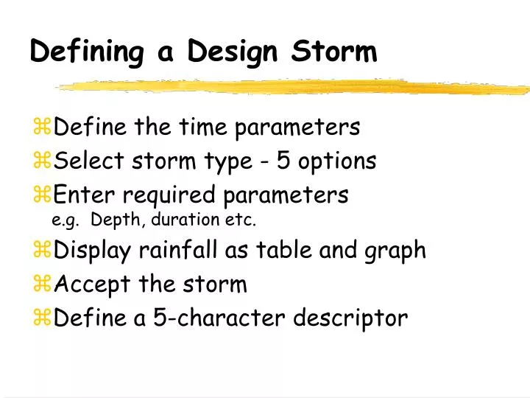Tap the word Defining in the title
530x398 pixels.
point(87,53)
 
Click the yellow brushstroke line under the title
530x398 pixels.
point(294,86)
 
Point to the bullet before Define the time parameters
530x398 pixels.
point(42,128)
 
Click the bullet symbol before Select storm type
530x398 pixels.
point(42,161)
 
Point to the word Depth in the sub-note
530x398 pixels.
point(113,220)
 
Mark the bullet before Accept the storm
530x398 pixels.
point(42,284)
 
